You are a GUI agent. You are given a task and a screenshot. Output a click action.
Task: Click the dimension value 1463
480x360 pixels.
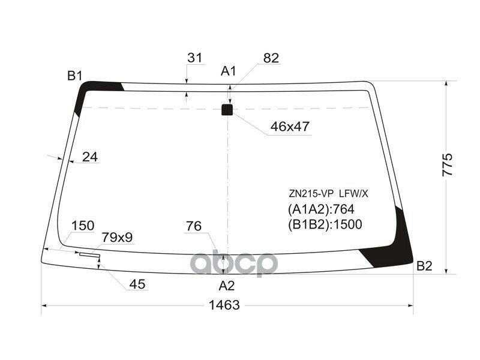tap(224, 305)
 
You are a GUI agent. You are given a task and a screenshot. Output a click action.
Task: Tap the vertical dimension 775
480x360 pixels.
tap(447, 164)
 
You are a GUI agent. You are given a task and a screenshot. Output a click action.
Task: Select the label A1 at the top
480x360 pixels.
tap(229, 71)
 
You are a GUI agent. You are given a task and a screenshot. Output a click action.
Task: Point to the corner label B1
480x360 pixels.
tap(74, 76)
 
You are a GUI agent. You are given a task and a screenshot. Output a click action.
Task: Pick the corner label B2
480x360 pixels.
tap(424, 266)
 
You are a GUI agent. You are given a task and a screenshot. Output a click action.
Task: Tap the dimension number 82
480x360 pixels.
tap(271, 58)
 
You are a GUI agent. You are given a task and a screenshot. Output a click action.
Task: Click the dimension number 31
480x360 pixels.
tap(194, 58)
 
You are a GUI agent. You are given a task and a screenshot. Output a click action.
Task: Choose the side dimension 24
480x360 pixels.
tap(89, 157)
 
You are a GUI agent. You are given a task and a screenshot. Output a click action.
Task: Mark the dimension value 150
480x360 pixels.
tap(83, 226)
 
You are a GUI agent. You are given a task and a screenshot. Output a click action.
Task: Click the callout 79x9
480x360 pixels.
tap(116, 238)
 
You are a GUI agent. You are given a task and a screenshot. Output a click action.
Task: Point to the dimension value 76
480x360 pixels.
tap(193, 226)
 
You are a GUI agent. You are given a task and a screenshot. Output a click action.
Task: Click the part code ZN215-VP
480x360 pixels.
tap(311, 194)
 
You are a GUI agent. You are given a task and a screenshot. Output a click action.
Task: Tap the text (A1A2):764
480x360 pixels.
tap(321, 209)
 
